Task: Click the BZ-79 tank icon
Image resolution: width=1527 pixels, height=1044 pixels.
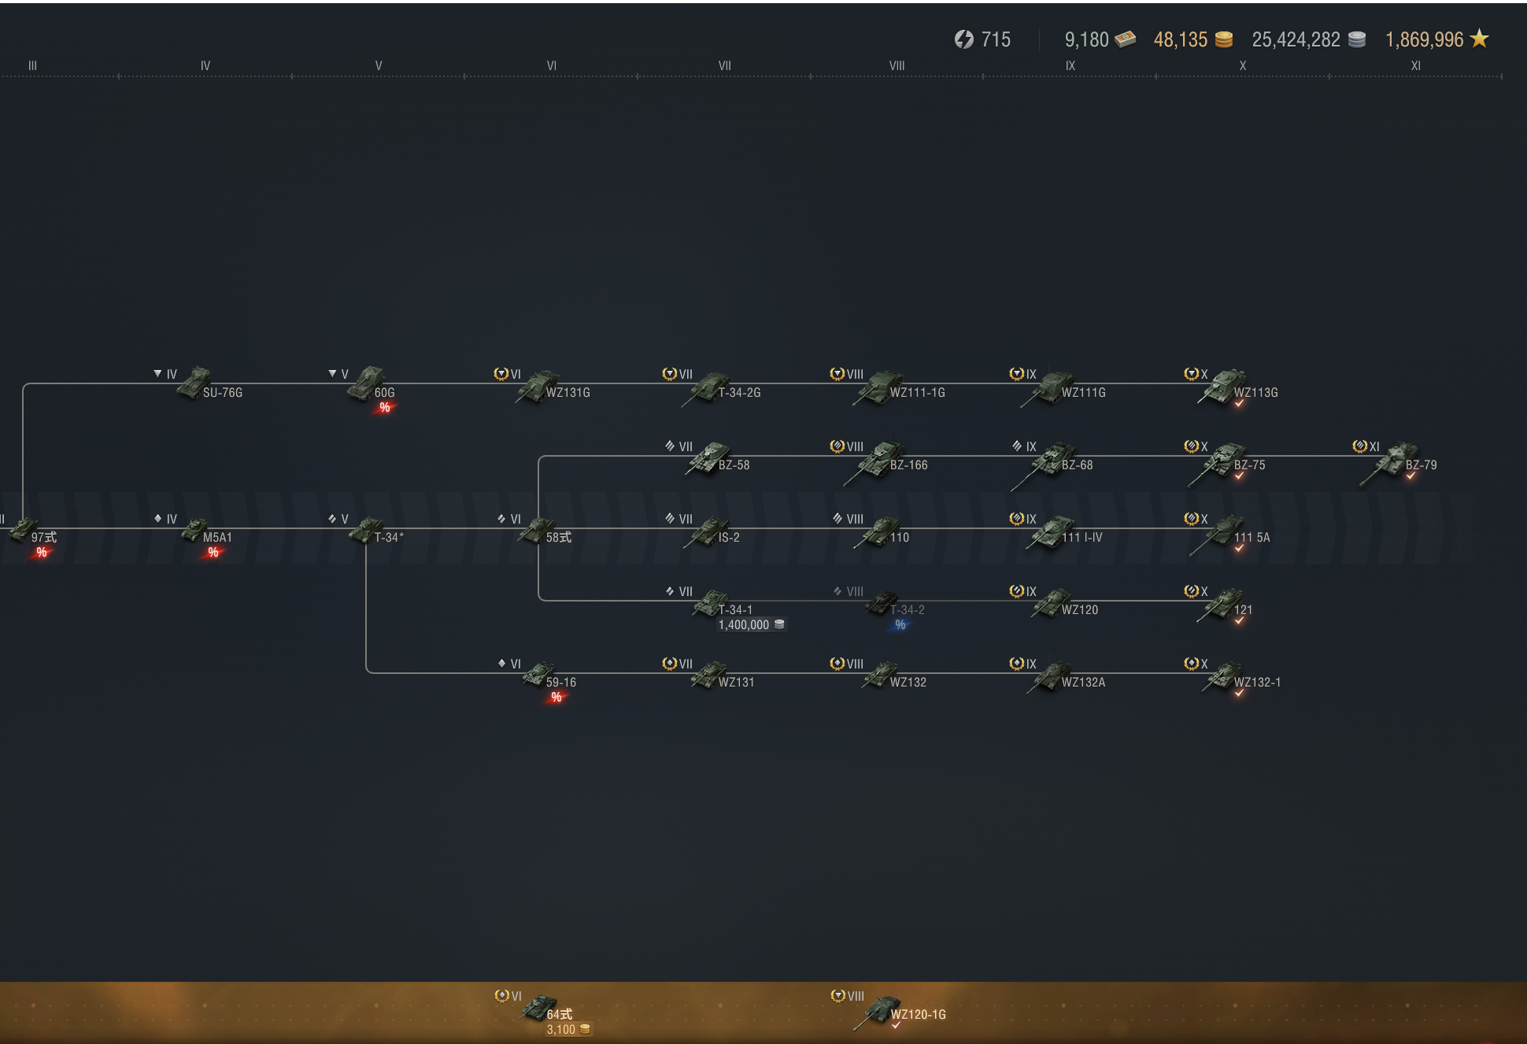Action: pyautogui.click(x=1388, y=463)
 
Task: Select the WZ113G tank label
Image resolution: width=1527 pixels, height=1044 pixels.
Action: pyautogui.click(x=1255, y=393)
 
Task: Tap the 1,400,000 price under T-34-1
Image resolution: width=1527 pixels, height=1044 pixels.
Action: pyautogui.click(x=744, y=625)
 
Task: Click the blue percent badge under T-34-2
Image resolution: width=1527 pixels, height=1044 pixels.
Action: pyautogui.click(x=900, y=625)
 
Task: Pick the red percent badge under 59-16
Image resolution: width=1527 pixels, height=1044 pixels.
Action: pyautogui.click(x=556, y=698)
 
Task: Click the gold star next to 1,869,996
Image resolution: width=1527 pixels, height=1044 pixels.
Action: pyautogui.click(x=1480, y=39)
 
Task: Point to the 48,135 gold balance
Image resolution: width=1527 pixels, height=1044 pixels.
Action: pyautogui.click(x=1180, y=39)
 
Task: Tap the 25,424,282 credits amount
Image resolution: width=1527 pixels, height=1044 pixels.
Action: pyautogui.click(x=1296, y=39)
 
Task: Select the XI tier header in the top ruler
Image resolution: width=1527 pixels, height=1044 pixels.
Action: pyautogui.click(x=1415, y=66)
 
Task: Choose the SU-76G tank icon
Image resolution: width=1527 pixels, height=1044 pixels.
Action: pyautogui.click(x=194, y=383)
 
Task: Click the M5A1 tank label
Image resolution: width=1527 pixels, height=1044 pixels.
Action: pyautogui.click(x=217, y=538)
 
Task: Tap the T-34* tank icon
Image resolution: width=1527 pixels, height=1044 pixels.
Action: pyautogui.click(x=365, y=530)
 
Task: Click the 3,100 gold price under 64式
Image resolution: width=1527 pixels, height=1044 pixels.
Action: pyautogui.click(x=561, y=1030)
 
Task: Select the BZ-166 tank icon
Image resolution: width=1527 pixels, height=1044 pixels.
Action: pyautogui.click(x=874, y=462)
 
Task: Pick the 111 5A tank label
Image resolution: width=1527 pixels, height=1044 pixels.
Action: pyautogui.click(x=1252, y=538)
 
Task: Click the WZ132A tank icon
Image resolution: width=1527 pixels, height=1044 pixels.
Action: pyautogui.click(x=1048, y=676)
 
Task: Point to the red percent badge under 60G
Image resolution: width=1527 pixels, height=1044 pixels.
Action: pyautogui.click(x=385, y=408)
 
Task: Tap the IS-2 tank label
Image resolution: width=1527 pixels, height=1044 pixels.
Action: pyautogui.click(x=729, y=538)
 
